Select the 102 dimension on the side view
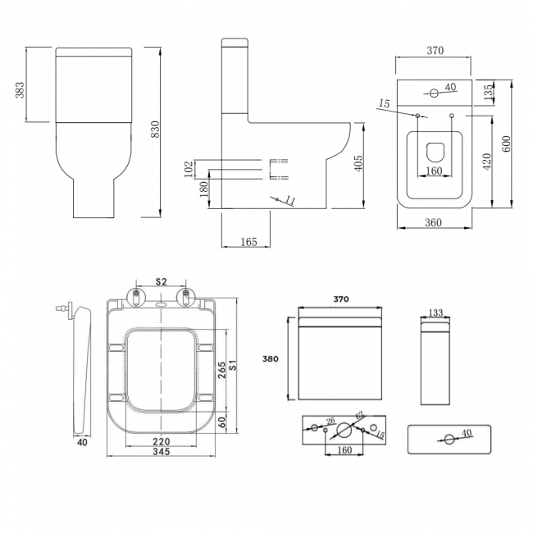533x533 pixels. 189,169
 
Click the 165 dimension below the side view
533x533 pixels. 249,241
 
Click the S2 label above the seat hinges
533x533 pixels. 162,282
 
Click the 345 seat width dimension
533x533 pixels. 162,453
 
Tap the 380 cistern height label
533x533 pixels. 271,358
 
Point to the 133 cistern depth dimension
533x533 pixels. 436,312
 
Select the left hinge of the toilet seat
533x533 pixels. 134,294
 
